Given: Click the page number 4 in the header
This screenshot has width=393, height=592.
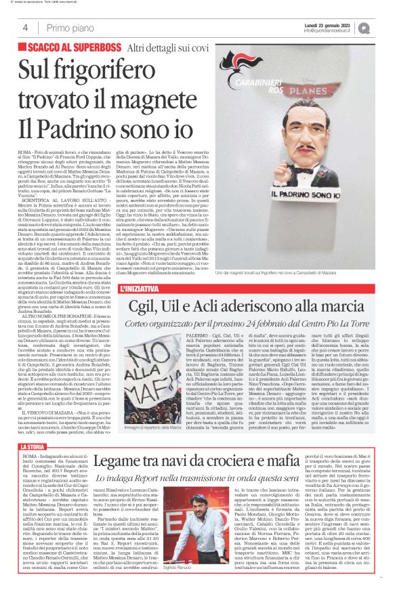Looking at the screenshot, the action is coord(24,28).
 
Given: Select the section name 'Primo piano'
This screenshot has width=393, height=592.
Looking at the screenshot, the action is coord(68,28).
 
